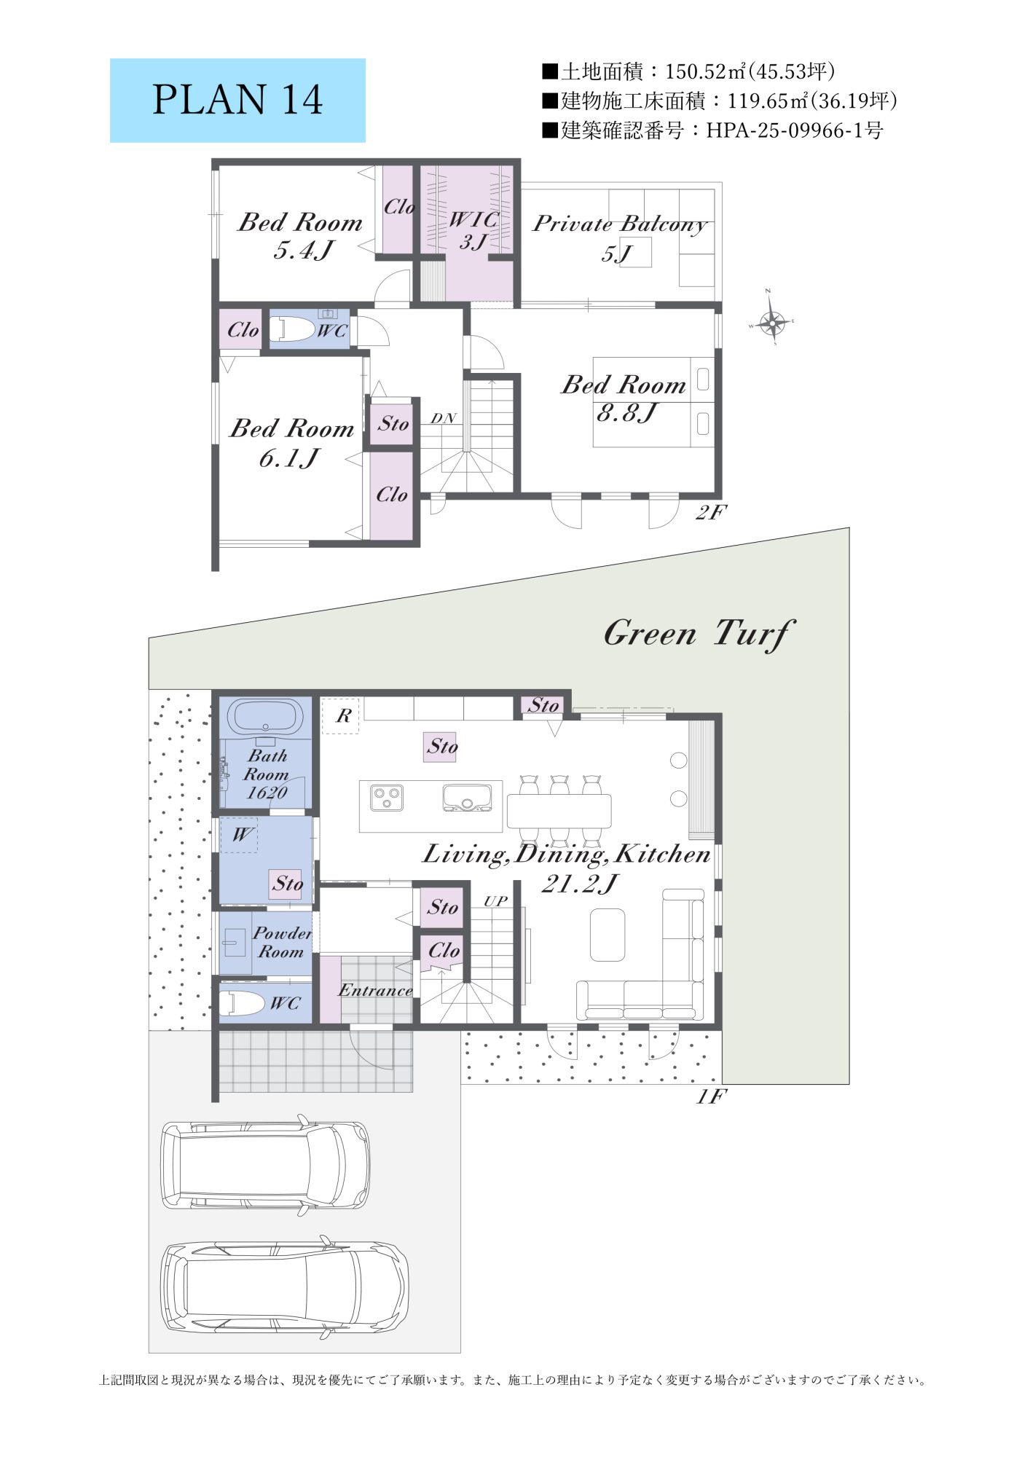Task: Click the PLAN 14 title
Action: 237,100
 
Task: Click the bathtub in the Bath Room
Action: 265,718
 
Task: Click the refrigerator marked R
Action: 340,715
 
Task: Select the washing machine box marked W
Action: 240,834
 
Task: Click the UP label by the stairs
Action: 495,901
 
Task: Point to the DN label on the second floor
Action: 443,418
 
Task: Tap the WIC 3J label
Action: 473,230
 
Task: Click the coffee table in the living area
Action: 608,935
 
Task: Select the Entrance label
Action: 375,990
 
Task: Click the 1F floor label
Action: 711,1096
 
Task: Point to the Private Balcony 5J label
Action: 619,237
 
